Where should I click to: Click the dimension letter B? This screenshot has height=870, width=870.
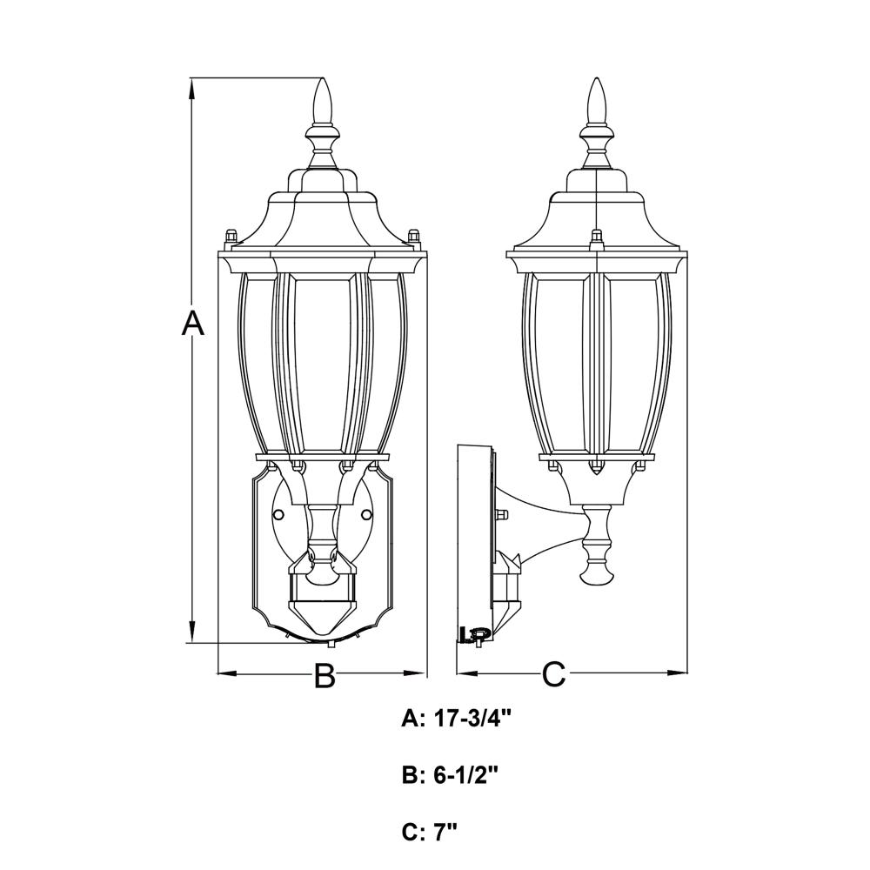[325, 675]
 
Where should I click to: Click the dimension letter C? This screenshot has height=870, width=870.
[553, 674]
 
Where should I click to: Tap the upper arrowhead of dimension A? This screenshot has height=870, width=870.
[192, 90]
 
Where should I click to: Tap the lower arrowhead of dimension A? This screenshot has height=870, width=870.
[192, 632]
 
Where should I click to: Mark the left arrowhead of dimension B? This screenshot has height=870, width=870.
[226, 674]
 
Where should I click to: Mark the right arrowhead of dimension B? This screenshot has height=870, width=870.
[414, 674]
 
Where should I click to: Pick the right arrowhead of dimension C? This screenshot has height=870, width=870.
[676, 674]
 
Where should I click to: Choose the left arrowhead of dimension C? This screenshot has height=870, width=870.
[467, 674]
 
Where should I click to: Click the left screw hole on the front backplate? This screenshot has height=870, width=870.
[279, 515]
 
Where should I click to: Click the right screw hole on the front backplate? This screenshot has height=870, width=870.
[365, 515]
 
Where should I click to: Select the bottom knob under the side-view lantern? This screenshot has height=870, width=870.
[597, 572]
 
